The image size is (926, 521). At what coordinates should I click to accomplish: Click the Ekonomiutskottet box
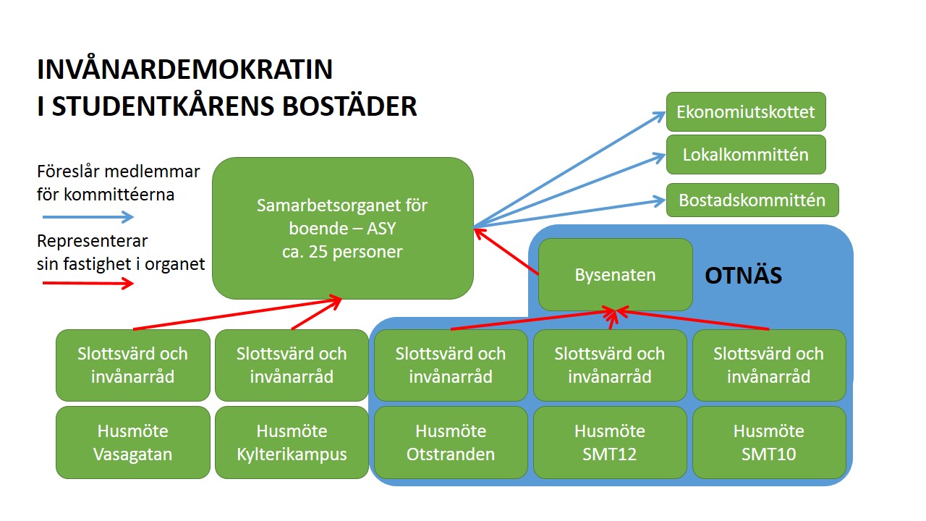[x=746, y=112]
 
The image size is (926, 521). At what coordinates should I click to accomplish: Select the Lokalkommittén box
[x=746, y=154]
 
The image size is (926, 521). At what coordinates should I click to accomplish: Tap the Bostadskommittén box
[x=752, y=200]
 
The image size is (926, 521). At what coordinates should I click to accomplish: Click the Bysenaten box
[x=615, y=275]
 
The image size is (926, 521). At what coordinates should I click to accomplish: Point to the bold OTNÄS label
[x=743, y=276]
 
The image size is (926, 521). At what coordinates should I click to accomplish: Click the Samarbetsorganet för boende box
[x=342, y=228]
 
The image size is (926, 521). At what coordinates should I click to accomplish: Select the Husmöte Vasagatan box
[x=132, y=442]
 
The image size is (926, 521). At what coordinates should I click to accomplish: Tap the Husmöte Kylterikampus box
[x=292, y=442]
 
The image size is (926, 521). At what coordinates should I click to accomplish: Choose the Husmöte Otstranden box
[x=451, y=442]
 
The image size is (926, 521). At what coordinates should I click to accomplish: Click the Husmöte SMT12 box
[x=610, y=442]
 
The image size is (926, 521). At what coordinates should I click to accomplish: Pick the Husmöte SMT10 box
[x=769, y=442]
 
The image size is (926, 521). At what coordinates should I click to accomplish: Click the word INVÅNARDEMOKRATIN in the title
[x=185, y=69]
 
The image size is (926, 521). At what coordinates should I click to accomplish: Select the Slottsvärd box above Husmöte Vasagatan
[x=132, y=365]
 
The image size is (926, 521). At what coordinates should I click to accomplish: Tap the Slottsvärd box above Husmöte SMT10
[x=769, y=365]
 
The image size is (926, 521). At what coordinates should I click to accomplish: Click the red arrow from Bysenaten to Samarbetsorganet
[x=506, y=252]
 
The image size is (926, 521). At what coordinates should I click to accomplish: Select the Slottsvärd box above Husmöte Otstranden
[x=451, y=365]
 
